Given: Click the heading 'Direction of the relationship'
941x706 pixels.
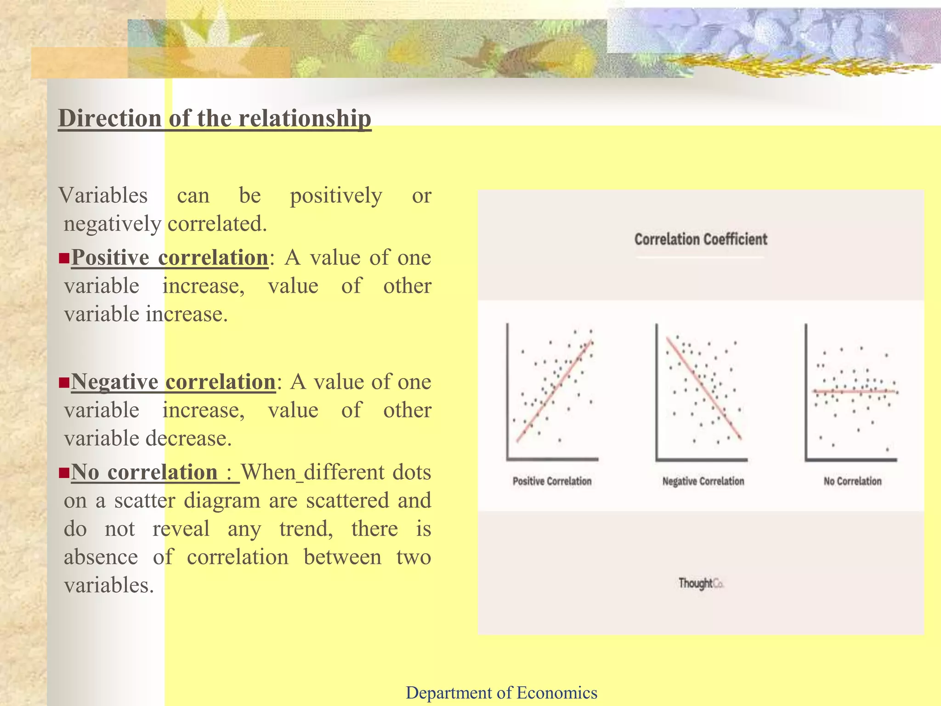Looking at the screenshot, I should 215,119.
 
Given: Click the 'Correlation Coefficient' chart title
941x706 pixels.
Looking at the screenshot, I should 701,239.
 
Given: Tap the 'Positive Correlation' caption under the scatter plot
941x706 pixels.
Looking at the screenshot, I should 552,481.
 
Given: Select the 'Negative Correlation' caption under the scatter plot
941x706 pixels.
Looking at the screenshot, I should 703,481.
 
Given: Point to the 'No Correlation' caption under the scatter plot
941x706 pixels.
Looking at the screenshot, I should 852,481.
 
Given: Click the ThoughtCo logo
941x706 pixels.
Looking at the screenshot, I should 701,583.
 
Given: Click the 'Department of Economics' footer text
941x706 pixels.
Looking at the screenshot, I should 501,692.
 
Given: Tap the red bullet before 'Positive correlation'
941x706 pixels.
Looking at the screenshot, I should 64,258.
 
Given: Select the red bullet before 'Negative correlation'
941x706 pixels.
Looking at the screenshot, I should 64,382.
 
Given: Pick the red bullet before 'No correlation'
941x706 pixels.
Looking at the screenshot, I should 64,473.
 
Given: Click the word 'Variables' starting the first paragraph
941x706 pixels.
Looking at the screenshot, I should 103,195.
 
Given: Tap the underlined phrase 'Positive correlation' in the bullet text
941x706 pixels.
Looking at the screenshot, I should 170,257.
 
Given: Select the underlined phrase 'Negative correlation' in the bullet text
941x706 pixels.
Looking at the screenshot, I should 173,381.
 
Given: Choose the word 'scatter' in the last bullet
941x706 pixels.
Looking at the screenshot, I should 145,501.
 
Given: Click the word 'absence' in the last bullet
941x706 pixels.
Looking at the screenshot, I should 101,557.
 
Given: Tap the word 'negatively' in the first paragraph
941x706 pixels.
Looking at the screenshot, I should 112,224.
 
